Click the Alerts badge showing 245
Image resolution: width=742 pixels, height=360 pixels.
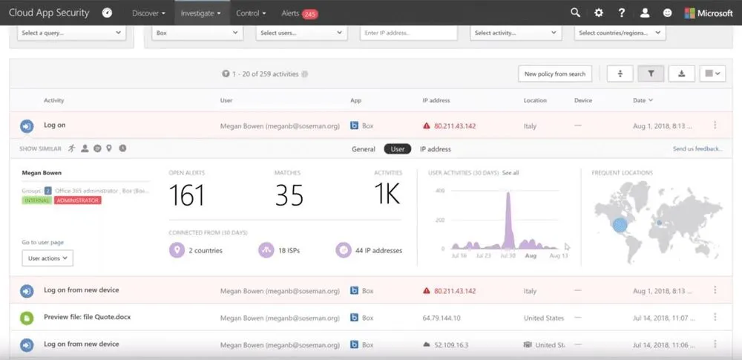(309, 13)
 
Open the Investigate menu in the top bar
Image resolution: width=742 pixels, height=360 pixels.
(202, 13)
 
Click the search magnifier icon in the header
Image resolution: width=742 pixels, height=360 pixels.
(575, 13)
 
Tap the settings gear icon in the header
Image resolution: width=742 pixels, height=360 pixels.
(599, 13)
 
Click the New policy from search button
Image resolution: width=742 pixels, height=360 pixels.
(554, 73)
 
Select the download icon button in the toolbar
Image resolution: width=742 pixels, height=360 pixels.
(681, 73)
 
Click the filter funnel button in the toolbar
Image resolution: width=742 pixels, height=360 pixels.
(651, 73)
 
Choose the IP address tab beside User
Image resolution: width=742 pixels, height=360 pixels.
(435, 149)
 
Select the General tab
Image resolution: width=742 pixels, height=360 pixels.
(364, 149)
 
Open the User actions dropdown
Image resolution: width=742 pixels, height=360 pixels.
(47, 258)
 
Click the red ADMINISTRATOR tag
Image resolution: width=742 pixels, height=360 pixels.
(78, 200)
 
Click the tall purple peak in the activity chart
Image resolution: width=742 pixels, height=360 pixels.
(509, 215)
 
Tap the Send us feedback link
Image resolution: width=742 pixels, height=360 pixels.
(697, 149)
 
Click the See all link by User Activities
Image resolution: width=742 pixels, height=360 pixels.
(510, 173)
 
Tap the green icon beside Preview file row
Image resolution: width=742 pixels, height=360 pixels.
(27, 318)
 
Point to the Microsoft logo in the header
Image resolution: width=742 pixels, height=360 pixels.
(708, 13)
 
